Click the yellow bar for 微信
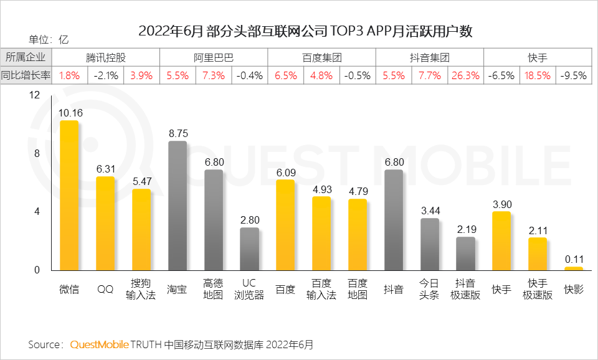(x=69, y=196)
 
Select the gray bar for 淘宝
(x=178, y=206)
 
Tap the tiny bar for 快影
(x=574, y=268)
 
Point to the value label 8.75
(x=178, y=133)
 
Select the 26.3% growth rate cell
(x=465, y=76)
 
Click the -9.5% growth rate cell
(x=574, y=76)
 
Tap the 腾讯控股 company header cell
(x=106, y=58)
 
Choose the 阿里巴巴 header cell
(x=214, y=58)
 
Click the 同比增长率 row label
(x=26, y=76)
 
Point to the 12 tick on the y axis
(x=34, y=95)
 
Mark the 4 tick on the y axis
(x=37, y=212)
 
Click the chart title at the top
(x=305, y=32)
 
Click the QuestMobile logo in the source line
(x=100, y=344)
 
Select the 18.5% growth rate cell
(x=538, y=76)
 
